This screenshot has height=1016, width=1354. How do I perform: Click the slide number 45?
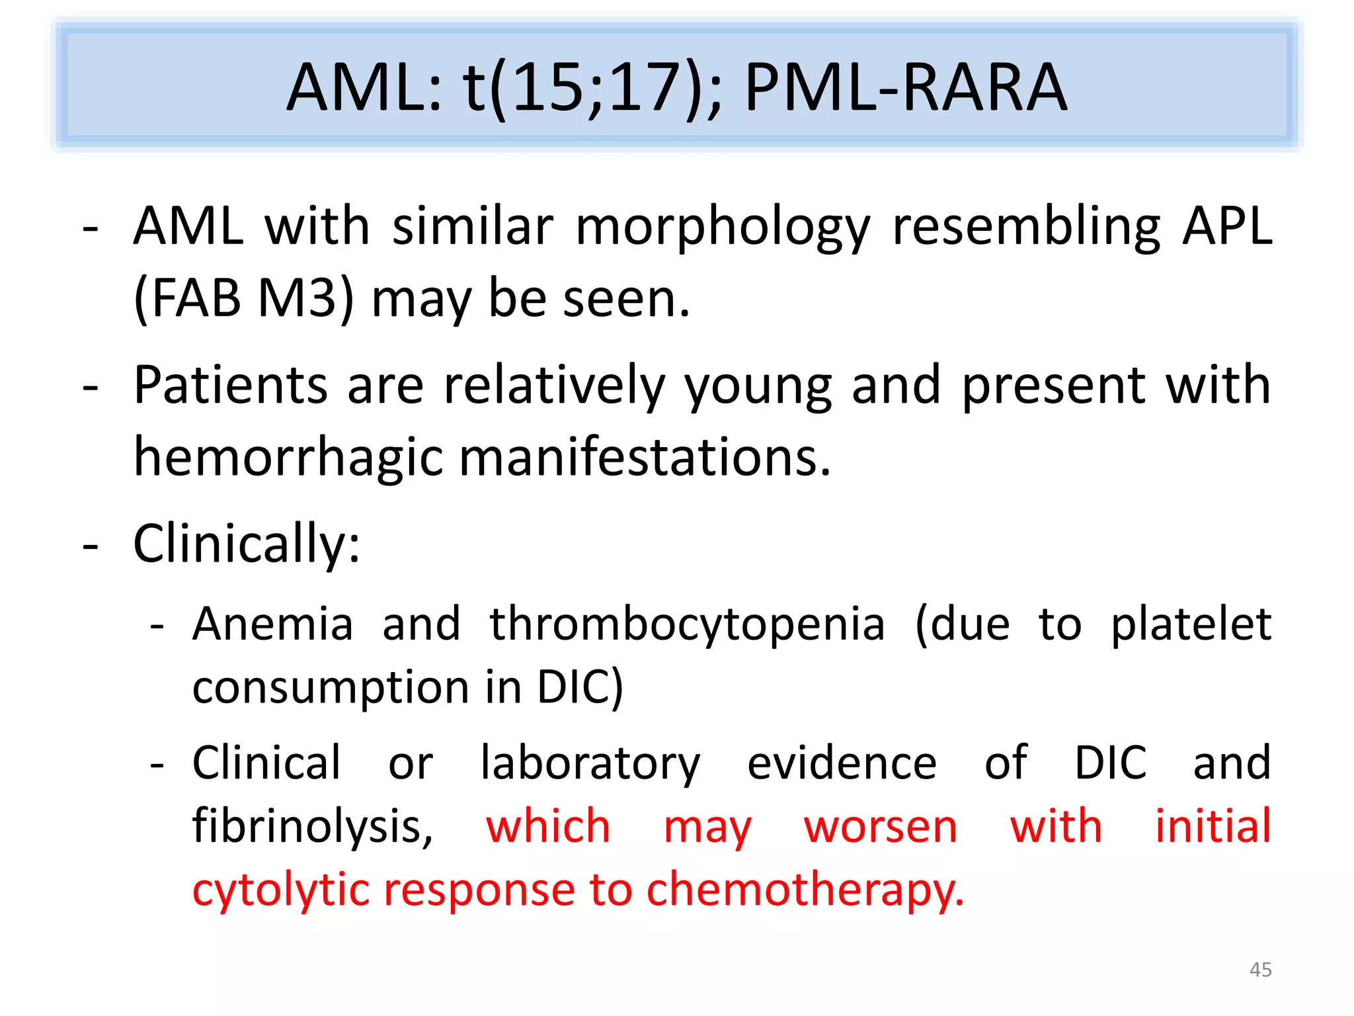point(1260,970)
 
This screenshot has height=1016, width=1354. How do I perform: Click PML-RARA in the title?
point(905,87)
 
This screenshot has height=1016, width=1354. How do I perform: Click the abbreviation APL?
point(1227,227)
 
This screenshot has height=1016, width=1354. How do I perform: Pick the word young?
point(758,387)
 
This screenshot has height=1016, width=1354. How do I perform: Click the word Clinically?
point(246,544)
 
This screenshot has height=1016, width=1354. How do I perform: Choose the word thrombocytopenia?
point(686,625)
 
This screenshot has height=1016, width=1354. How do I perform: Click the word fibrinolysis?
point(312,827)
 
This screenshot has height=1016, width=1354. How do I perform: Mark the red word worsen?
point(881,827)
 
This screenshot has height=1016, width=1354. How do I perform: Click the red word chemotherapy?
point(805,890)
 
